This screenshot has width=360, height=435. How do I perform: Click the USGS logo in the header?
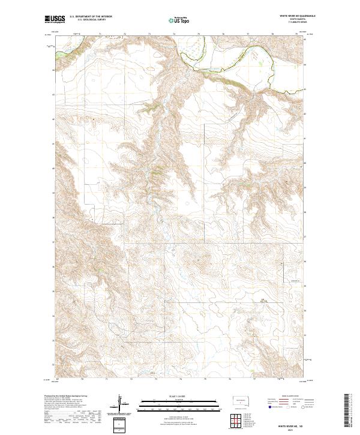tap(55, 19)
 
